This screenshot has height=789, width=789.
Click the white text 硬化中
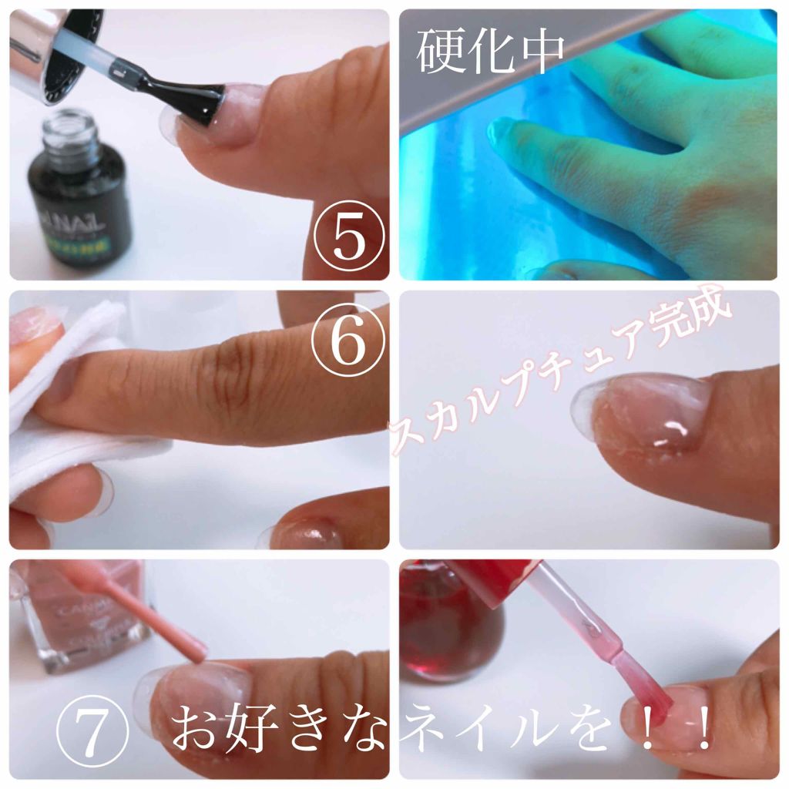tap(490, 52)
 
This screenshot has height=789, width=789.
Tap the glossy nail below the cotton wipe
tap(308, 532)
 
